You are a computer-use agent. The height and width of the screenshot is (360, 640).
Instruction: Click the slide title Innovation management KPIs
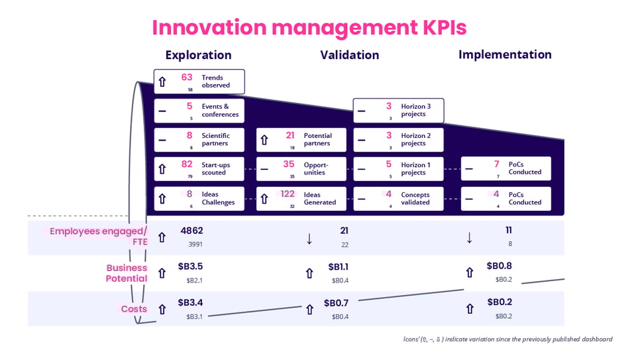[309, 27]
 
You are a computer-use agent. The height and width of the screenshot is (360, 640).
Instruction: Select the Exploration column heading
[198, 55]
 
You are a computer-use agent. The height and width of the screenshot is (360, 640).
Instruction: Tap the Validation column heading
[349, 55]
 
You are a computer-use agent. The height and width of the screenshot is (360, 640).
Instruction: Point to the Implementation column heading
[505, 54]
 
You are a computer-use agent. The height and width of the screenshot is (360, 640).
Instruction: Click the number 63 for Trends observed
[187, 78]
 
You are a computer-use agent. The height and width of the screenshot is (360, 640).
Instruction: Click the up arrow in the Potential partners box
[264, 140]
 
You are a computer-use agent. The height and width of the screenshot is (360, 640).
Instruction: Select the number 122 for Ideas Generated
[288, 194]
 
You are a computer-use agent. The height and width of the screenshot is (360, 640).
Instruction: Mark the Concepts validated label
[415, 199]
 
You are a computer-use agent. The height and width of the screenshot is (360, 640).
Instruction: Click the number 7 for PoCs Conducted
[496, 164]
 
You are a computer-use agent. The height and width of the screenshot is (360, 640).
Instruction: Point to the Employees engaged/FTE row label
[99, 237]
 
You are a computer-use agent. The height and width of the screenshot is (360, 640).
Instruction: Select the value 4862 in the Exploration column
[191, 231]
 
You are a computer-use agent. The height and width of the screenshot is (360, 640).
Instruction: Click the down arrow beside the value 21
[309, 239]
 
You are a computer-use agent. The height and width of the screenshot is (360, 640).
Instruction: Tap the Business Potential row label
[127, 273]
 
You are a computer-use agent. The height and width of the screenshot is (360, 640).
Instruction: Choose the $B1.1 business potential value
[339, 267]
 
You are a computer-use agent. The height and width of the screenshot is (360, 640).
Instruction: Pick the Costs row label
[134, 309]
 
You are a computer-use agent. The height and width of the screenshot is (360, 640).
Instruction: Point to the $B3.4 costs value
[191, 303]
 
